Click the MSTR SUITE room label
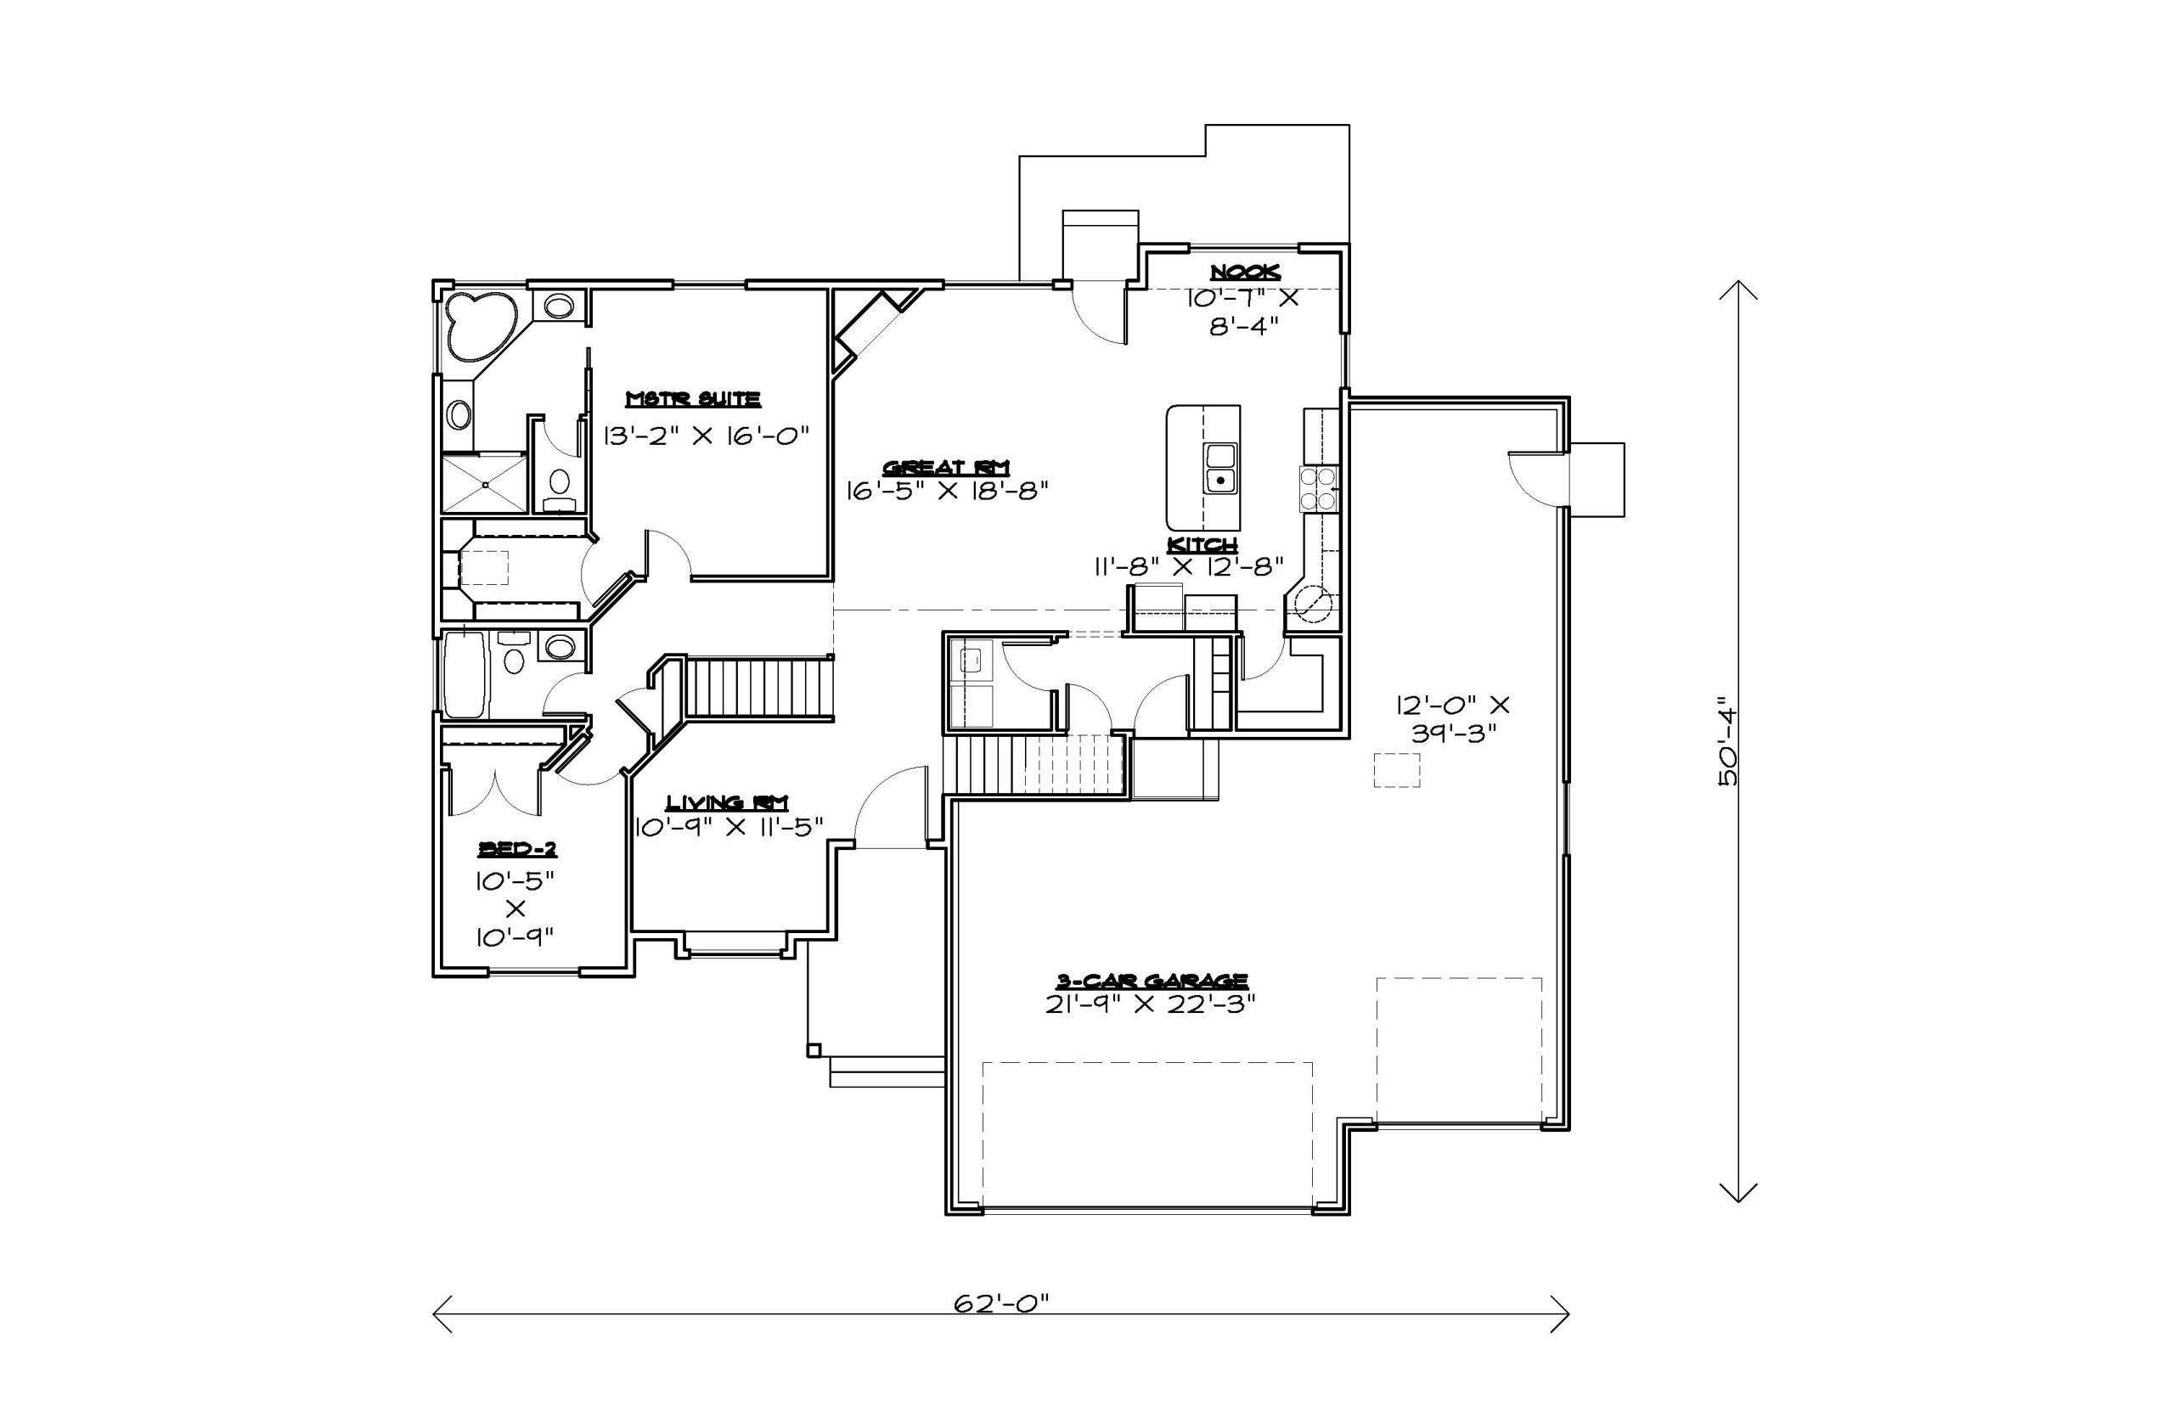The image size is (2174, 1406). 693,399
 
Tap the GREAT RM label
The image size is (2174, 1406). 946,468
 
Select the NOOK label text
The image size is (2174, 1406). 1246,272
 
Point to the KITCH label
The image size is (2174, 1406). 1202,545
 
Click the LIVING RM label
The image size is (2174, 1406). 727,802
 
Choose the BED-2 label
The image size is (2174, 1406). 517,849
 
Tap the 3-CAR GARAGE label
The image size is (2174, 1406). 1152,981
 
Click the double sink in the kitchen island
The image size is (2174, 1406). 1219,469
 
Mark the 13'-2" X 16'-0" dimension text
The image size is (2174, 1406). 707,436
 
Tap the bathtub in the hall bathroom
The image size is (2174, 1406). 465,676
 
